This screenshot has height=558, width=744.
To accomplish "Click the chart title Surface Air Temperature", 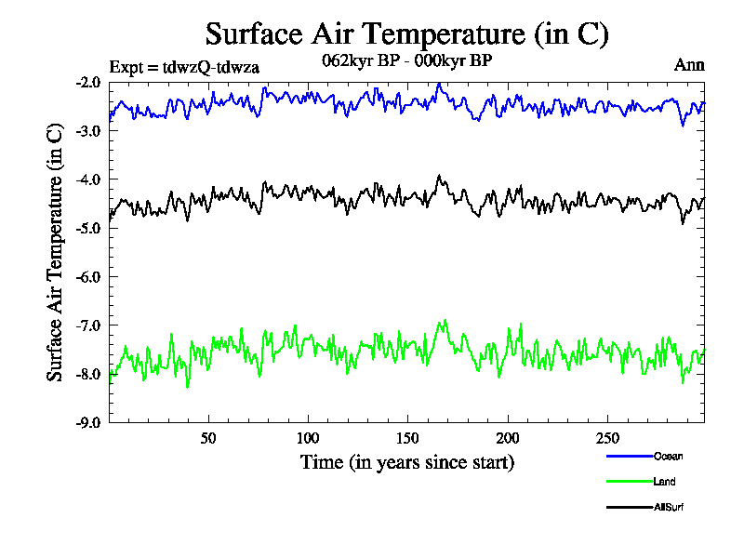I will tap(407, 34).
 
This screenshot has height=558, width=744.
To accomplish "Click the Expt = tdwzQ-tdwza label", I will tap(183, 67).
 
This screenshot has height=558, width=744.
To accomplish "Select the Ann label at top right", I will tap(689, 65).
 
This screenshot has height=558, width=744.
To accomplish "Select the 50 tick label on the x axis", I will tap(208, 438).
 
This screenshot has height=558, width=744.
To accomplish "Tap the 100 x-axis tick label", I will tap(308, 438).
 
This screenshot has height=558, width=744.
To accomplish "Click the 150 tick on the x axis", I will tap(407, 438).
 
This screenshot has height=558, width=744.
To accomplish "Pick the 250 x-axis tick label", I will tap(606, 438).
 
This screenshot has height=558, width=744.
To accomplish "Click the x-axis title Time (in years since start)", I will tap(407, 461).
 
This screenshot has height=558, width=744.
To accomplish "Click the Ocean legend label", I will tap(668, 456).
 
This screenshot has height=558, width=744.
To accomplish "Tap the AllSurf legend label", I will tap(669, 507).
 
